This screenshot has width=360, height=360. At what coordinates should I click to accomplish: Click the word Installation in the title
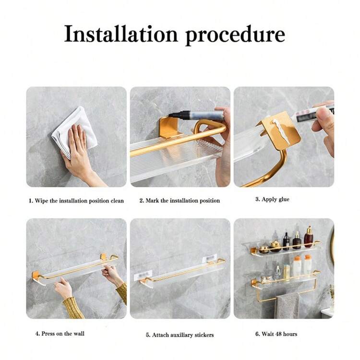pos(121,34)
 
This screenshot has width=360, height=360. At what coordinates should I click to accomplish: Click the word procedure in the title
pos(235,36)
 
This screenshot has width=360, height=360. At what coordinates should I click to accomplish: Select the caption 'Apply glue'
pos(276,199)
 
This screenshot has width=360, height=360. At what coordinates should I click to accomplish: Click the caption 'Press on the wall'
pos(63,334)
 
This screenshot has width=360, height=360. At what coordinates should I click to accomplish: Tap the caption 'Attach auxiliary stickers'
pos(183,335)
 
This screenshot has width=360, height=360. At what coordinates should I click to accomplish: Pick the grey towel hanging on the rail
pos(287,305)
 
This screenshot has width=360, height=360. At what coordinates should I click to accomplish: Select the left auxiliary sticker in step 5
pos(143,276)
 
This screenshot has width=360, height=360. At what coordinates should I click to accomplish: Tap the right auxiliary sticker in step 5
pos(210,259)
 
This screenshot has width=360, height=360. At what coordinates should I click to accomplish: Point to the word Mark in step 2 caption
pos(153,201)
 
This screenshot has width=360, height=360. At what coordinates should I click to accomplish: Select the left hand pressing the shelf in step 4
pos(63,290)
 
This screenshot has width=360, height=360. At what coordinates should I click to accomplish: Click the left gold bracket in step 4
pos(36,276)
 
